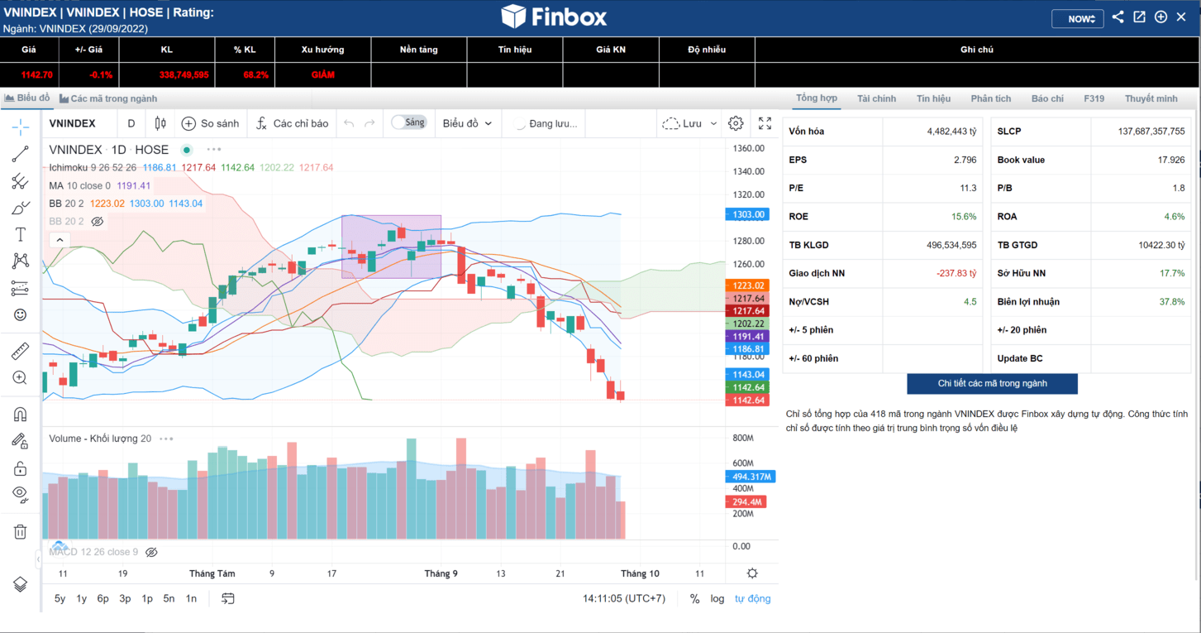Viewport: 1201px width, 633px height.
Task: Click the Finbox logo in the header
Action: pos(554,17)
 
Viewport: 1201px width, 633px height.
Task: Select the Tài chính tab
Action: pos(876,98)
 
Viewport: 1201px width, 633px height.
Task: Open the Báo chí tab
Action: pos(1047,98)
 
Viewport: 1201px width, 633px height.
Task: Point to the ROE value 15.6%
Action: pos(964,217)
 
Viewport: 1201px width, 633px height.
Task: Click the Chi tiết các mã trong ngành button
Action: pos(992,384)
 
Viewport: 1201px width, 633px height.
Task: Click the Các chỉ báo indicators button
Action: pos(292,123)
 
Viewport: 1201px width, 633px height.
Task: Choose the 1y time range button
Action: pos(81,598)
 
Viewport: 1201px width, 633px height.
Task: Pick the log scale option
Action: pos(717,598)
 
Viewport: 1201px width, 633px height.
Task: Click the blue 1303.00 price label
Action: pos(747,214)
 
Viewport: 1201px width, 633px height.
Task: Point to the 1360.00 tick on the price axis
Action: pos(748,149)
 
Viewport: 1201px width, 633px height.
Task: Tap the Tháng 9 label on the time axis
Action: pos(441,573)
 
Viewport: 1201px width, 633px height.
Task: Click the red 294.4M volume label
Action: pos(746,502)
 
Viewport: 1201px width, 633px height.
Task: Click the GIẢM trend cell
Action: pos(322,74)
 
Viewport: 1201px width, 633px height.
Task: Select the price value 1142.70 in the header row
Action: pos(36,74)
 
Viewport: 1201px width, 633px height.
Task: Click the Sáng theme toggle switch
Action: pos(408,122)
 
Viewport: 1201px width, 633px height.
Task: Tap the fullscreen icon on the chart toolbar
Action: pos(765,123)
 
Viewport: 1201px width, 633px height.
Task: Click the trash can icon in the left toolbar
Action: pos(20,531)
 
